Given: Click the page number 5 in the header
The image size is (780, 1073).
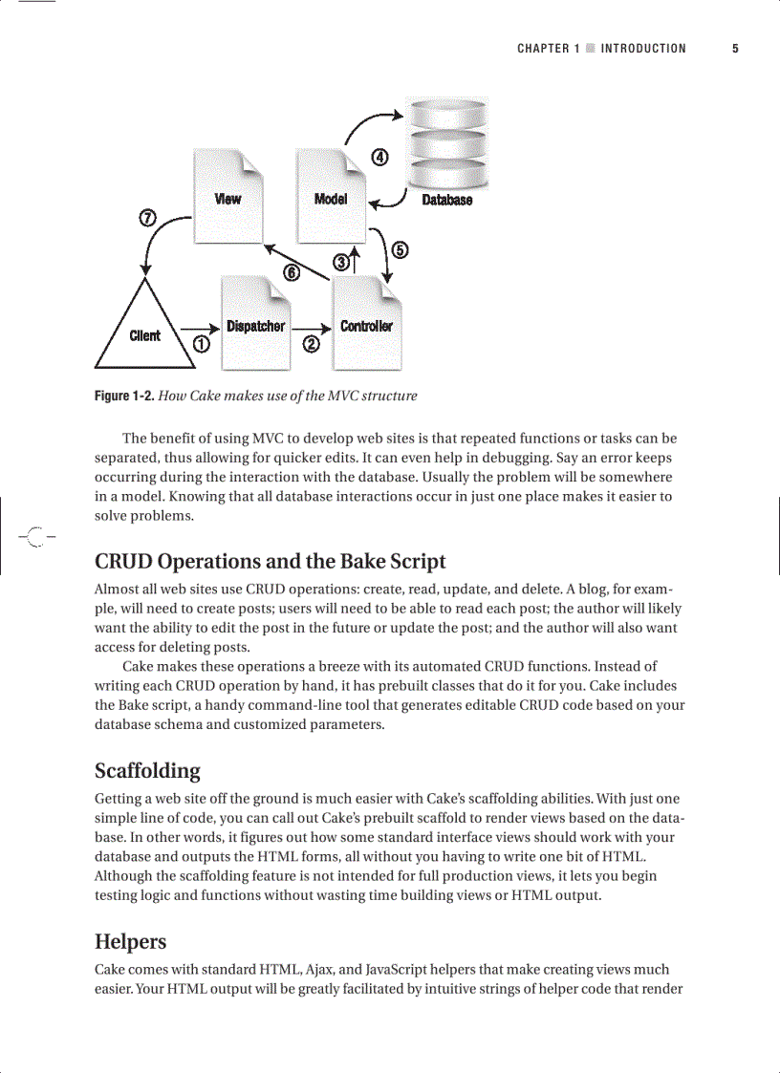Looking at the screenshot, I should pyautogui.click(x=735, y=49).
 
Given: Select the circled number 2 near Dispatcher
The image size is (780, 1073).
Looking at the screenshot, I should pyautogui.click(x=311, y=344).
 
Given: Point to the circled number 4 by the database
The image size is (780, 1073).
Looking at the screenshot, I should pyautogui.click(x=379, y=158).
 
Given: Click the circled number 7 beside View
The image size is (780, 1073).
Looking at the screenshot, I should pyautogui.click(x=148, y=217).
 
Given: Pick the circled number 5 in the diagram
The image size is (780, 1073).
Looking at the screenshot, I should pyautogui.click(x=400, y=250).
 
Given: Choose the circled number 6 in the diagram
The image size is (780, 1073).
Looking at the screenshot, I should pyautogui.click(x=292, y=273).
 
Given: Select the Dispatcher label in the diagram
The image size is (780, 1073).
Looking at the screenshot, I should pyautogui.click(x=255, y=326).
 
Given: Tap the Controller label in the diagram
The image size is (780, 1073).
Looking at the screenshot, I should pyautogui.click(x=366, y=326).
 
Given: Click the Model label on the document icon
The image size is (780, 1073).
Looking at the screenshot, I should pyautogui.click(x=331, y=199).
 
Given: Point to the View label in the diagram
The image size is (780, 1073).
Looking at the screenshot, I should pyautogui.click(x=227, y=199).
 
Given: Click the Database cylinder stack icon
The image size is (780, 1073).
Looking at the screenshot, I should pyautogui.click(x=447, y=143).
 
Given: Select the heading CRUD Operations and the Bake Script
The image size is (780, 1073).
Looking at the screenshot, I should pyautogui.click(x=271, y=561).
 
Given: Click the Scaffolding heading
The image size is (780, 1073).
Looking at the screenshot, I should pyautogui.click(x=147, y=770).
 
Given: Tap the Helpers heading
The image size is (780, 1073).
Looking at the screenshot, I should pyautogui.click(x=130, y=941).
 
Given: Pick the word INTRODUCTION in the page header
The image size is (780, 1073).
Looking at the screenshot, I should pyautogui.click(x=643, y=49).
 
